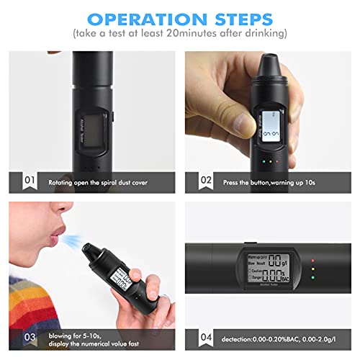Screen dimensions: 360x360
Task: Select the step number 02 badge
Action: point(206,180)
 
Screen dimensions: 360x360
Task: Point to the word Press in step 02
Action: point(232,181)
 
